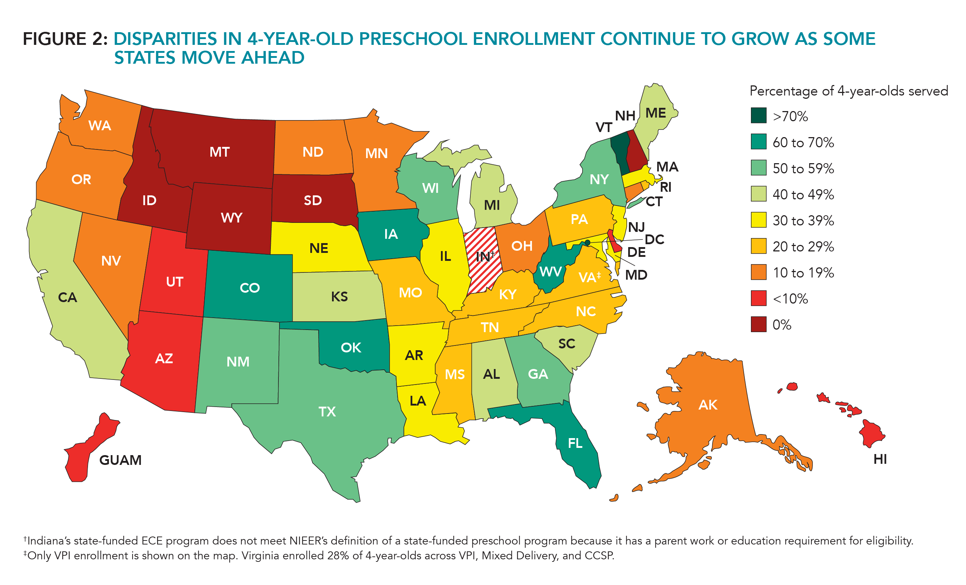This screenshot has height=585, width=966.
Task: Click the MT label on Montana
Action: click(x=219, y=152)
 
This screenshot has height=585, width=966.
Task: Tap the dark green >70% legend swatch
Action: click(x=758, y=116)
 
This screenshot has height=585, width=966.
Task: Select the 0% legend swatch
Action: click(x=758, y=325)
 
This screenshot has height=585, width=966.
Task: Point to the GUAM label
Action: click(x=120, y=460)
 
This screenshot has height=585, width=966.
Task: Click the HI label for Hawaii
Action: click(x=880, y=459)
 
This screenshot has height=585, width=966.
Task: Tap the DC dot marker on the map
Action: click(x=587, y=243)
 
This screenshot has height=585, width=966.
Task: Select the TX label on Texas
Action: click(x=327, y=412)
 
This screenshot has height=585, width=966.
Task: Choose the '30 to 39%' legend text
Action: click(x=803, y=221)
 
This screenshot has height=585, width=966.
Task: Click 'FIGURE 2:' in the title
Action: click(x=65, y=39)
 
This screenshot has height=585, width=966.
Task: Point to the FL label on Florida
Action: click(x=575, y=443)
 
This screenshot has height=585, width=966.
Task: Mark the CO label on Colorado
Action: click(x=249, y=288)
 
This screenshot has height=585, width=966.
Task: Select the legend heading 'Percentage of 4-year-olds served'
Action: click(x=848, y=91)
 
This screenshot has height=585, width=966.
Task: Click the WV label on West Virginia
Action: click(x=550, y=272)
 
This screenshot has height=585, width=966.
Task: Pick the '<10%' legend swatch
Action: click(x=758, y=298)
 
